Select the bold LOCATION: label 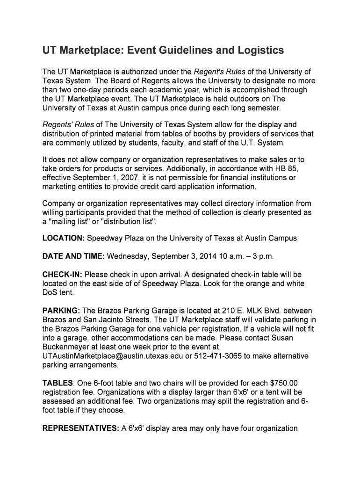coord(63,238)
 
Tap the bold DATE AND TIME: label coord(74,256)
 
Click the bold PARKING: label coord(61,311)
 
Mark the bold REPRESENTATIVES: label coord(81,428)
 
